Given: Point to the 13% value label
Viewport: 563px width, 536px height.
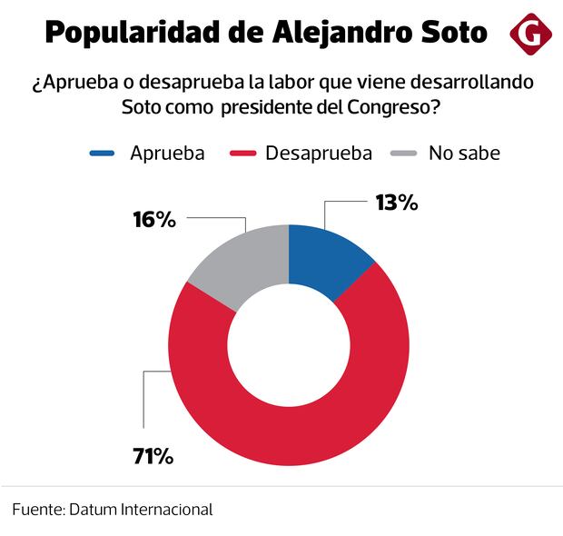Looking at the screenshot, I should tap(396, 203).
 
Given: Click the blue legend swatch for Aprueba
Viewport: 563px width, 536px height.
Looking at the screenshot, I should tap(102, 154).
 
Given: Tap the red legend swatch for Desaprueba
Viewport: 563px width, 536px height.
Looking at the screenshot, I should tap(244, 154).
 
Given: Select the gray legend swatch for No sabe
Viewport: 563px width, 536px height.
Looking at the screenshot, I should tap(406, 154).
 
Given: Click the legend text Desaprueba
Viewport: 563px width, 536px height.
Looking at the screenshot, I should tap(319, 153).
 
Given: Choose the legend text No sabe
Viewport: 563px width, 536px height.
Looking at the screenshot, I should tap(464, 153).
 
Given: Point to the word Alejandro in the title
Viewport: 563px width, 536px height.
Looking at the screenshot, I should tap(335, 34).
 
